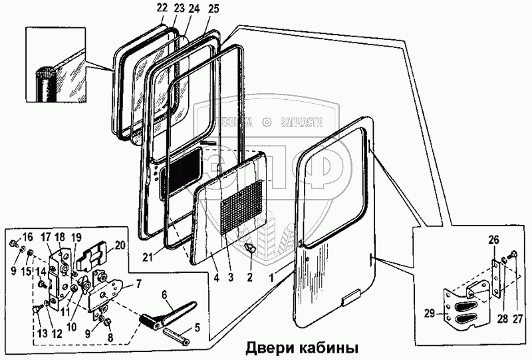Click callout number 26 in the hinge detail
(x=493, y=240)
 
